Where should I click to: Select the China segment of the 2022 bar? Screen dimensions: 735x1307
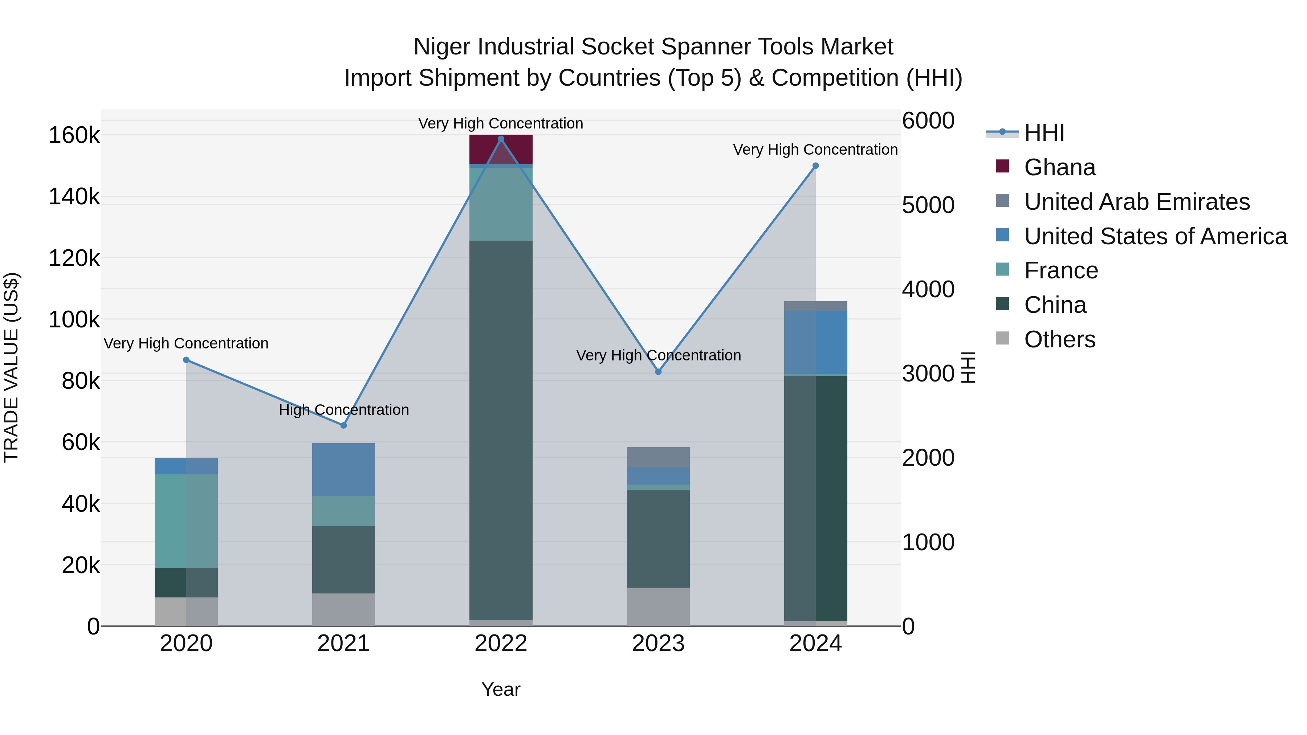tap(501, 431)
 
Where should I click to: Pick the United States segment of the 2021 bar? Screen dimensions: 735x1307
tap(343, 470)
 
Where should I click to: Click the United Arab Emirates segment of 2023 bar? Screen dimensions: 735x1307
tap(658, 457)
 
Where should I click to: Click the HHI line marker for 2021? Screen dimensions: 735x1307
tap(343, 425)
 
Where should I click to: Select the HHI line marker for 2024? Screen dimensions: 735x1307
tap(815, 166)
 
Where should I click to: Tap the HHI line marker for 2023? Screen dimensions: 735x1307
tap(658, 372)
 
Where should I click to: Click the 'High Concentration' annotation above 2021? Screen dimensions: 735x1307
tap(343, 410)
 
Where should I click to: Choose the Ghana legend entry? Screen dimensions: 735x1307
tap(1059, 167)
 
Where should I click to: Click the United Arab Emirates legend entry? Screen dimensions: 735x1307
tap(1136, 202)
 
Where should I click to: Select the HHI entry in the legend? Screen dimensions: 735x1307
tap(1044, 133)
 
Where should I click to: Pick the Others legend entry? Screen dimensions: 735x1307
tap(1059, 339)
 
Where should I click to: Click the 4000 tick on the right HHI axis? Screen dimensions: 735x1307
tap(928, 289)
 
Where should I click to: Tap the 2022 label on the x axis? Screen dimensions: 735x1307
tap(501, 644)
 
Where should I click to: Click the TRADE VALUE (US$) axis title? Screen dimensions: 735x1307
tap(12, 367)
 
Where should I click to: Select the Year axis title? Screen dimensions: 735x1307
tap(501, 689)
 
